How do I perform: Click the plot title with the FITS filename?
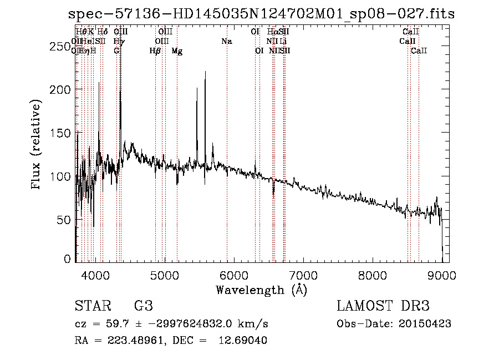pyautogui.click(x=261, y=14)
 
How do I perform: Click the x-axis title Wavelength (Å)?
pyautogui.click(x=261, y=290)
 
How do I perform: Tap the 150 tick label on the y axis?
pyautogui.click(x=61, y=133)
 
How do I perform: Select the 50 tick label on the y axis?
pyautogui.click(x=64, y=220)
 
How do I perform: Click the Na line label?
pyautogui.click(x=226, y=41)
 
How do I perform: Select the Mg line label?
pyautogui.click(x=177, y=51)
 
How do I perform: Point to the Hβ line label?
pyautogui.click(x=155, y=51)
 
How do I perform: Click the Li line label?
pyautogui.click(x=283, y=41)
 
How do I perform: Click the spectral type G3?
pyautogui.click(x=143, y=306)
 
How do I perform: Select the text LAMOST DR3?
pyautogui.click(x=383, y=306)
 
